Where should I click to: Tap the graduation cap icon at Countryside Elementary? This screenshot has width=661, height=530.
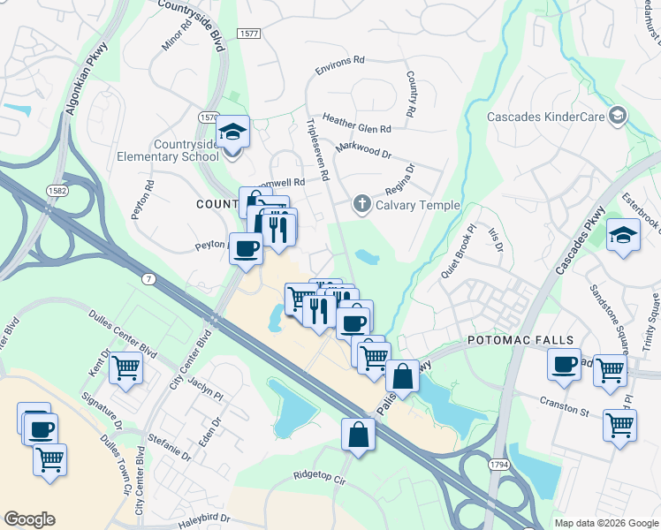pyautogui.click(x=233, y=132)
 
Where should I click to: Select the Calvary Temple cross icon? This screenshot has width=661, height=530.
pyautogui.click(x=361, y=205)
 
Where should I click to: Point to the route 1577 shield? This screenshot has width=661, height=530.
pyautogui.click(x=248, y=33)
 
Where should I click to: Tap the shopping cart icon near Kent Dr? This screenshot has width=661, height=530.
pyautogui.click(x=125, y=367)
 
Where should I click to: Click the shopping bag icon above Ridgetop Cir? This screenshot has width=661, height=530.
pyautogui.click(x=358, y=435)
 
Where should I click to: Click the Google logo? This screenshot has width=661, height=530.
pyautogui.click(x=30, y=519)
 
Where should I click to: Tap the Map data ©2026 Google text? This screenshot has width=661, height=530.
pyautogui.click(x=606, y=523)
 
